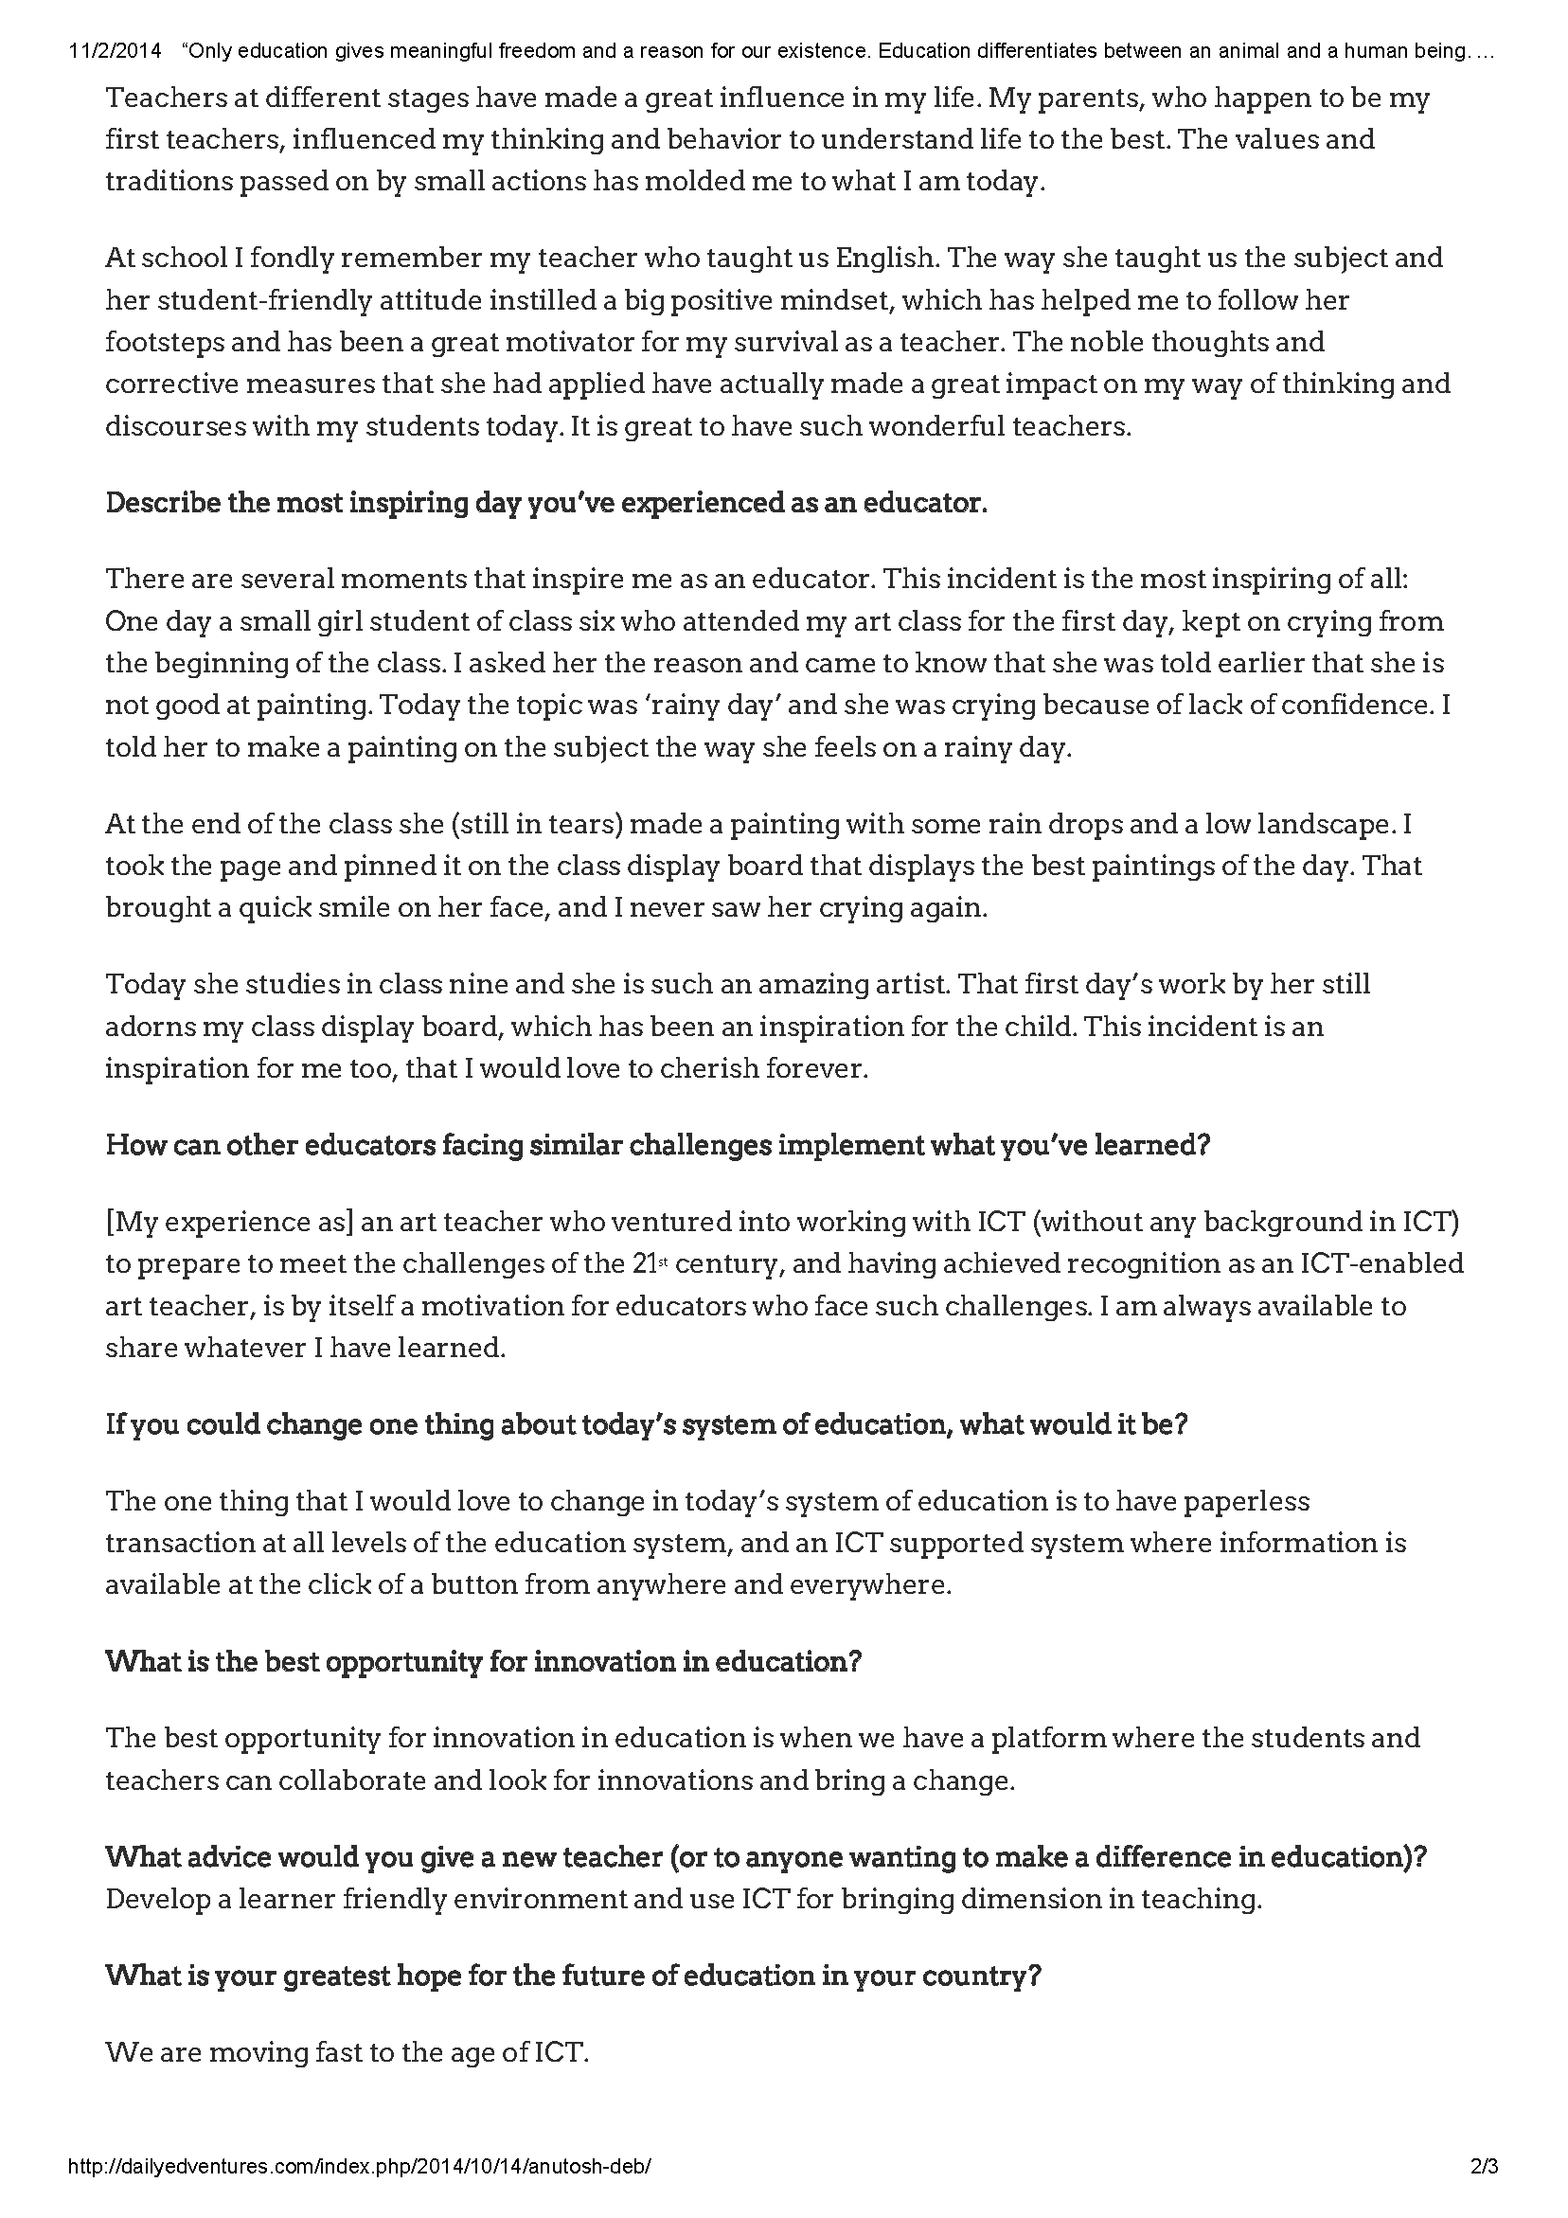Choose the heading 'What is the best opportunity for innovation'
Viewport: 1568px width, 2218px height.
[x=483, y=1661]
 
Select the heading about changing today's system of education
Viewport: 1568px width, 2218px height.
[x=646, y=1425]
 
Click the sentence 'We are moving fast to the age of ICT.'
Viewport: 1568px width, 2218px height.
[x=347, y=2052]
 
